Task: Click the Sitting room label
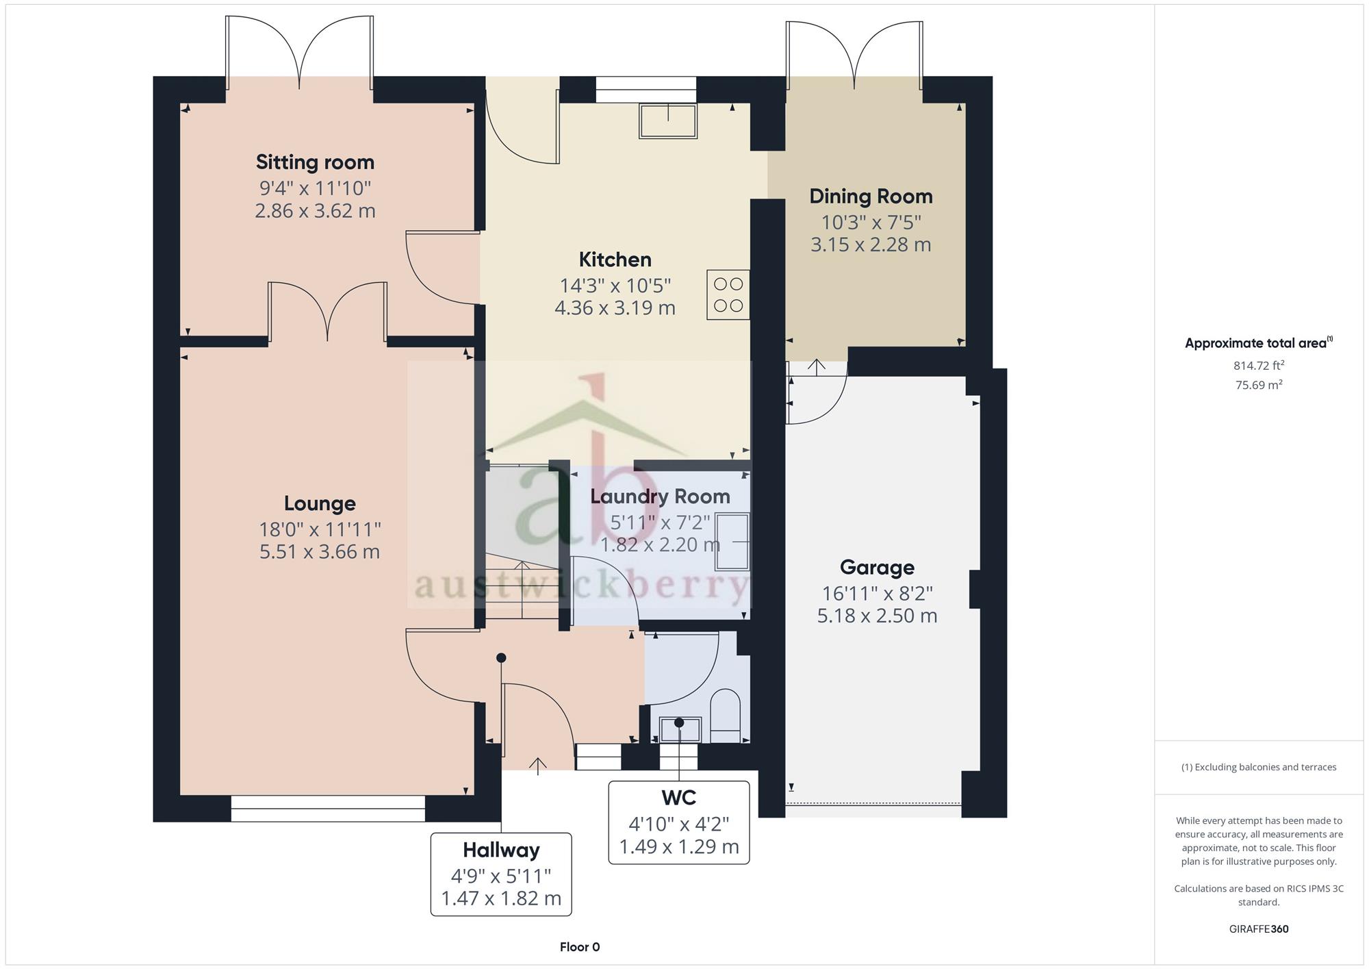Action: coord(315,162)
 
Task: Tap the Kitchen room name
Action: coord(615,260)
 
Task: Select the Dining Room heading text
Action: coord(871,197)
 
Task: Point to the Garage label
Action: coord(877,568)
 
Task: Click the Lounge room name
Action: coord(320,504)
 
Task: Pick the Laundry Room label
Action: coord(660,496)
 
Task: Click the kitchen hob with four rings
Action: coord(728,294)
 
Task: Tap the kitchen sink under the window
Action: coord(668,121)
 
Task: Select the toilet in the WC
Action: coord(726,716)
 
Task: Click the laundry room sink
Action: coord(732,542)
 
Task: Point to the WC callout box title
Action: coord(678,798)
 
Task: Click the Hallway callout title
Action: coord(501,851)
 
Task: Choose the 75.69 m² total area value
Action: coord(1259,385)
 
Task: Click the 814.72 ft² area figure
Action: coord(1259,366)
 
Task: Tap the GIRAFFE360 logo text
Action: coord(1259,929)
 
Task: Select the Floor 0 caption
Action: coord(580,947)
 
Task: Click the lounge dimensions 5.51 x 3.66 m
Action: coord(320,552)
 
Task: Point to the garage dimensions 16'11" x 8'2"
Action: coord(877,593)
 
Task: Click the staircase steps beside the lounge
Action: coord(522,589)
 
